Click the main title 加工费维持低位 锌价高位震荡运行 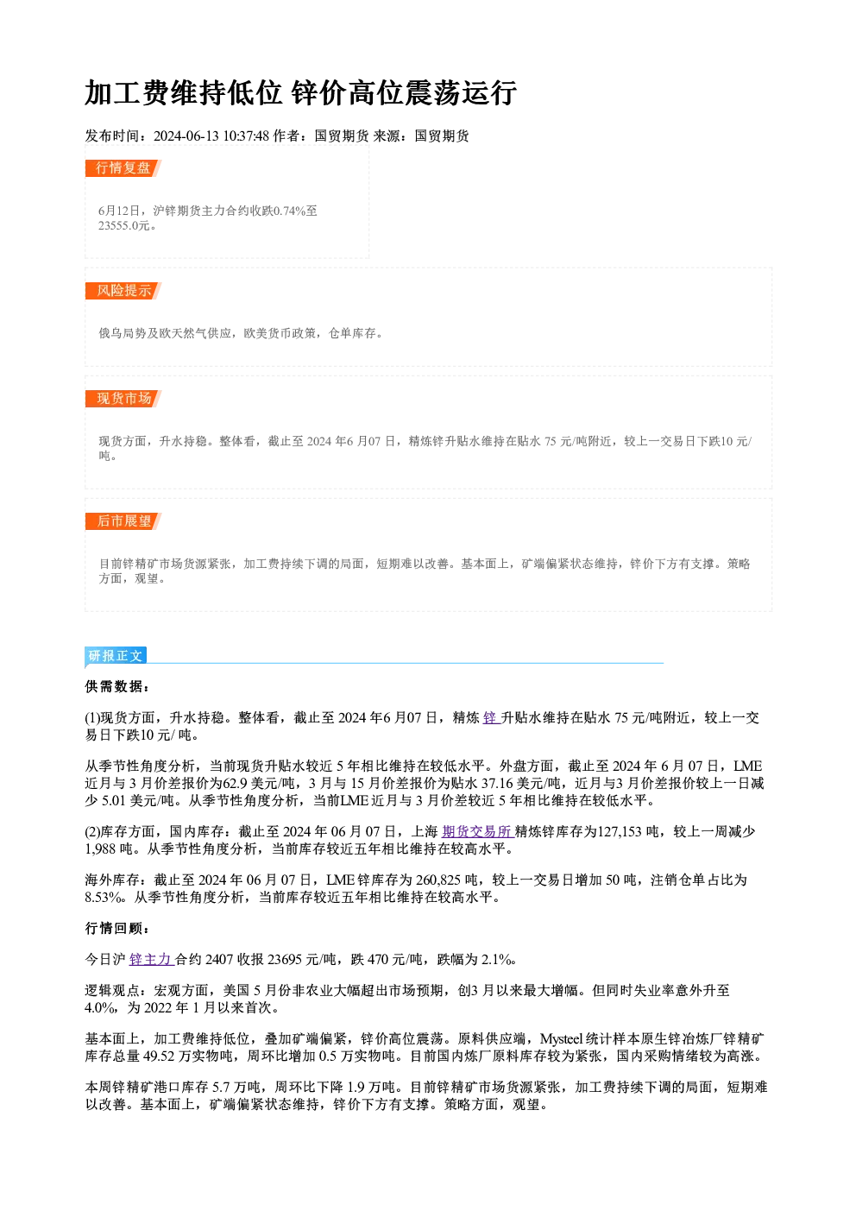pyautogui.click(x=300, y=93)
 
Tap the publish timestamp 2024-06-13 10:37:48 pyautogui.click(x=211, y=136)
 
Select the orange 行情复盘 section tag pyautogui.click(x=123, y=168)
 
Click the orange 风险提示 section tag pyautogui.click(x=123, y=291)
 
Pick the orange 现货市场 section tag pyautogui.click(x=123, y=399)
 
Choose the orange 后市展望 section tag pyautogui.click(x=123, y=521)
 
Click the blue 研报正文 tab pyautogui.click(x=116, y=656)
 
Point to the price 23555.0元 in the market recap pyautogui.click(x=123, y=225)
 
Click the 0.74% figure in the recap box pyautogui.click(x=290, y=211)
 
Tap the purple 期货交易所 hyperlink pyautogui.click(x=477, y=831)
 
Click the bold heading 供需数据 pyautogui.click(x=116, y=686)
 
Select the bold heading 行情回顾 pyautogui.click(x=116, y=928)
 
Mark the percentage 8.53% pyautogui.click(x=103, y=898)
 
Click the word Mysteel pyautogui.click(x=562, y=1038)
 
